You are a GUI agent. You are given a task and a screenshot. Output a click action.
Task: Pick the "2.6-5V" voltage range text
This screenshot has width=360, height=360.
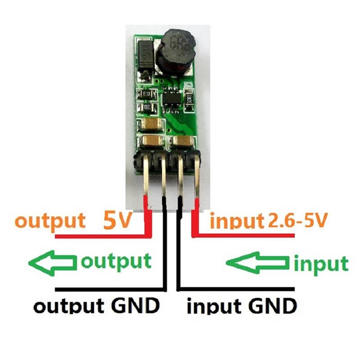pyautogui.click(x=298, y=221)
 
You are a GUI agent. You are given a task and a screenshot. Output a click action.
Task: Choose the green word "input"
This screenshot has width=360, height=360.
pyautogui.click(x=320, y=264)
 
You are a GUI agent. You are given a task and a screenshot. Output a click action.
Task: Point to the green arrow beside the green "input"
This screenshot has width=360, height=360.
pyautogui.click(x=257, y=262)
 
